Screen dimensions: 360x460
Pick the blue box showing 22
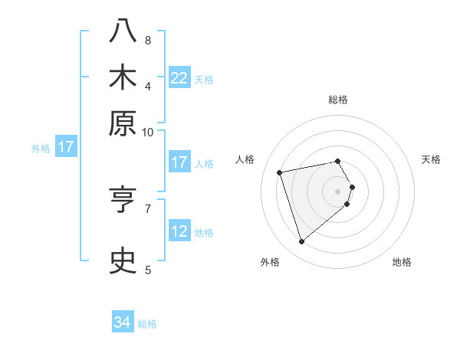(x=179, y=78)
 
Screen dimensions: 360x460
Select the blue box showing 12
(x=179, y=232)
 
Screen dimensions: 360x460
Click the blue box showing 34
(x=123, y=322)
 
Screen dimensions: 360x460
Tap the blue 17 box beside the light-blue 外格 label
(x=65, y=147)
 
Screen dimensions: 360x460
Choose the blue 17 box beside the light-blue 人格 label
(x=179, y=162)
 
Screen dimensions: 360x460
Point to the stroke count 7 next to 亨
(x=148, y=207)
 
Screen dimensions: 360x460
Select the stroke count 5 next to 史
(x=148, y=269)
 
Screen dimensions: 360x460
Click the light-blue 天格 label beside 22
(x=204, y=80)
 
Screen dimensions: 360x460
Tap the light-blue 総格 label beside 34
(x=147, y=324)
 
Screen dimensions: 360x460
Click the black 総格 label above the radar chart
(x=338, y=100)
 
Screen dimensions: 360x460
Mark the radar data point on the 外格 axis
(x=301, y=242)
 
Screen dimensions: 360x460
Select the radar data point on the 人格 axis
(x=280, y=172)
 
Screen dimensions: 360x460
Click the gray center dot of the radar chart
(x=338, y=191)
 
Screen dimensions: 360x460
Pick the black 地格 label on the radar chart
(x=402, y=262)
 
